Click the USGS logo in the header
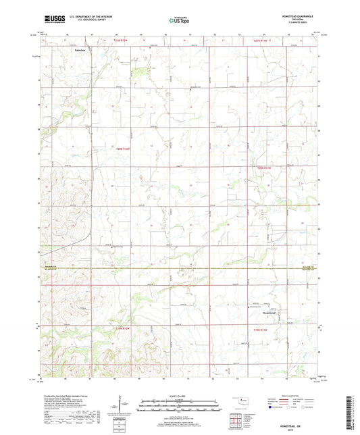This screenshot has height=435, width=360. pyautogui.click(x=52, y=18)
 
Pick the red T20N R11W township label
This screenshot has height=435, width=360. pyautogui.click(x=263, y=168)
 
